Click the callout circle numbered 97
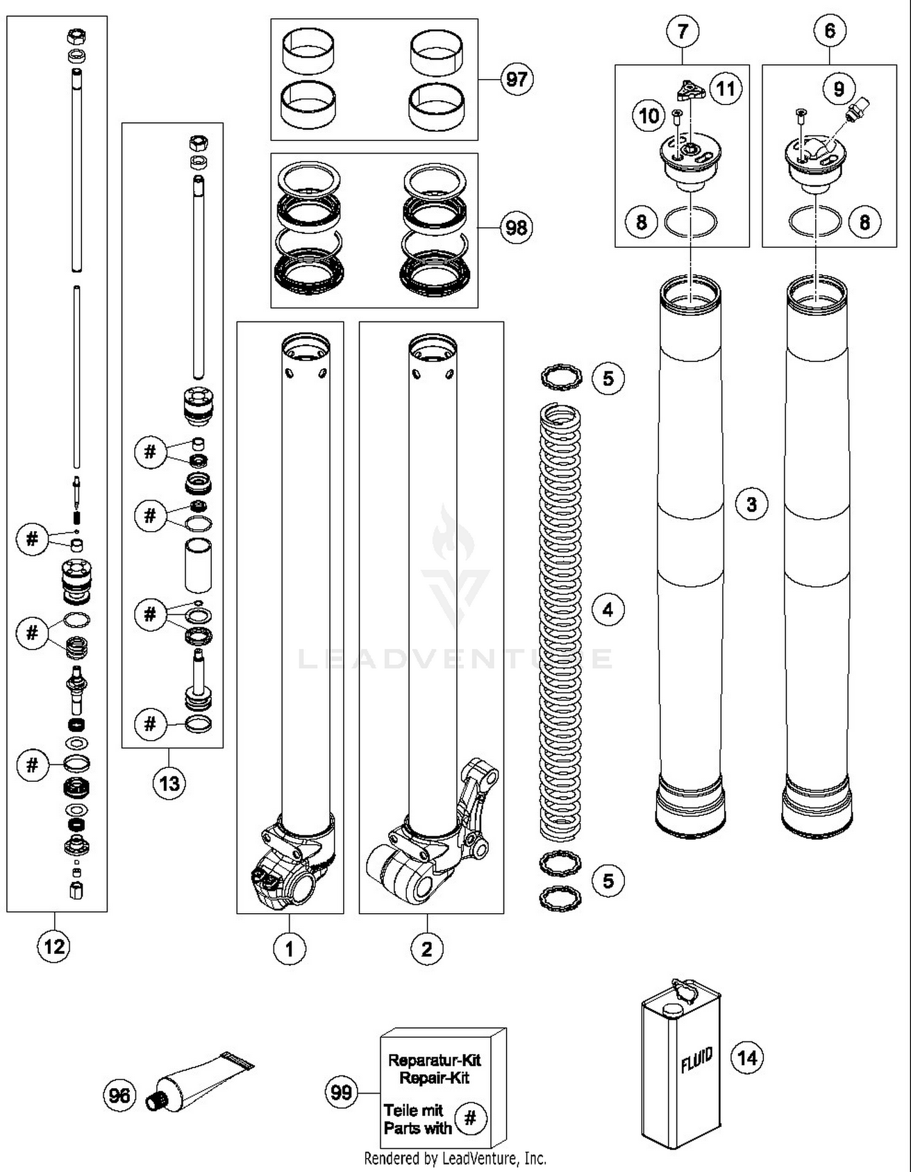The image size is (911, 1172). [516, 79]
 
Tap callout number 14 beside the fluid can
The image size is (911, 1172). [746, 1058]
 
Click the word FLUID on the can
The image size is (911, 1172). [696, 1060]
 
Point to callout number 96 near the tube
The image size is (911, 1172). [119, 1095]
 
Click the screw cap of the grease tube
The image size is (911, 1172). [157, 1099]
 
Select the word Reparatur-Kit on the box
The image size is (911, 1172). [434, 1060]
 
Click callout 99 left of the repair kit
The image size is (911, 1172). [341, 1092]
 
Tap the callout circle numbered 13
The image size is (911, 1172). [169, 783]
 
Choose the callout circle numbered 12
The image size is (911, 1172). [53, 946]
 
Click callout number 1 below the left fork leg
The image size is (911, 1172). [289, 948]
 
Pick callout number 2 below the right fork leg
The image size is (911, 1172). [427, 948]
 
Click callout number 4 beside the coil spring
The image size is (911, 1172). [608, 609]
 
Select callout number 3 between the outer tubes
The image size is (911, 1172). [751, 504]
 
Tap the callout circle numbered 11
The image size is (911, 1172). [726, 89]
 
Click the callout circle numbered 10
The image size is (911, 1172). [649, 115]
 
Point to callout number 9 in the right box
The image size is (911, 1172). [839, 89]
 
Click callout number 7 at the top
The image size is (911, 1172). [683, 31]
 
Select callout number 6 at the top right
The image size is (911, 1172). [830, 30]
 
